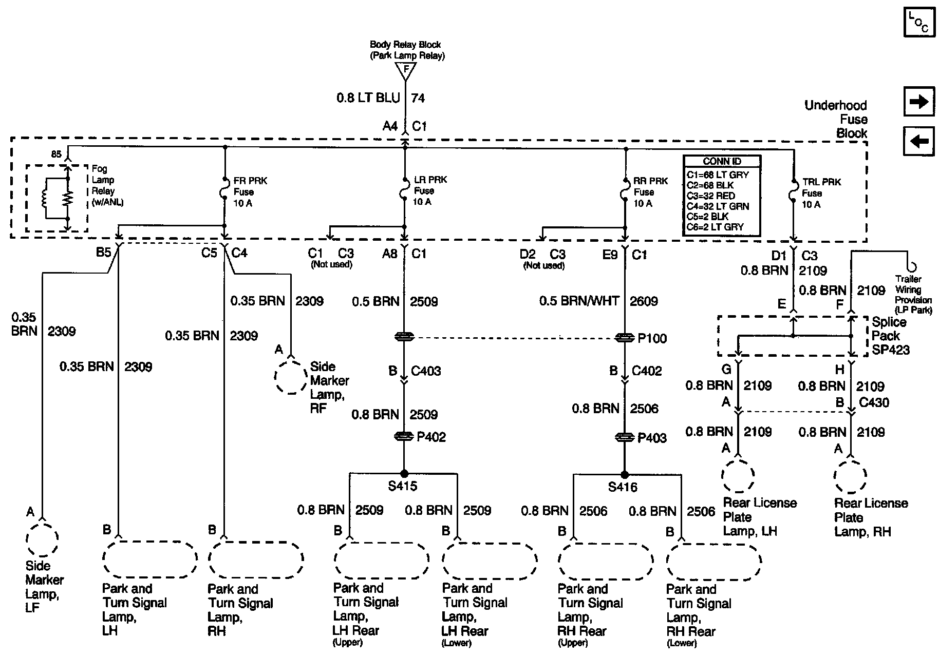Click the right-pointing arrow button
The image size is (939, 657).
(x=918, y=102)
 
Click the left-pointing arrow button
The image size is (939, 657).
(x=918, y=141)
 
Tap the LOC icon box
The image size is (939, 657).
(x=918, y=22)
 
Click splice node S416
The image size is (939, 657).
(x=625, y=474)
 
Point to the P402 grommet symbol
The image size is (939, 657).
(x=404, y=436)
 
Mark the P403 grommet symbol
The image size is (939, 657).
(x=625, y=438)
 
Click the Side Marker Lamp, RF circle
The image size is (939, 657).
(x=291, y=377)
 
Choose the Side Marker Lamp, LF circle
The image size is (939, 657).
(x=42, y=539)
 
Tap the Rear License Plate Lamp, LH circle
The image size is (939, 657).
(x=738, y=476)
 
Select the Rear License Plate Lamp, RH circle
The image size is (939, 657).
(x=850, y=476)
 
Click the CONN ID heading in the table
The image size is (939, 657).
(x=722, y=162)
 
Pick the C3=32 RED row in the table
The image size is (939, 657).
(x=711, y=196)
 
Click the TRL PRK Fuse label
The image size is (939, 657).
(x=815, y=193)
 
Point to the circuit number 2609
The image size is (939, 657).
(x=644, y=301)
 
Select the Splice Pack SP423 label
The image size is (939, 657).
(x=890, y=336)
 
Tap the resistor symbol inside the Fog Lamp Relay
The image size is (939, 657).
(x=67, y=198)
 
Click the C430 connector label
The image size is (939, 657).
(x=874, y=402)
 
